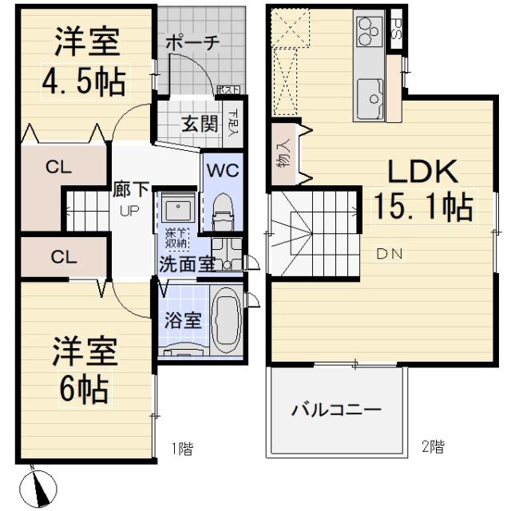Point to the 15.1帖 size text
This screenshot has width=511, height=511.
tap(422, 208)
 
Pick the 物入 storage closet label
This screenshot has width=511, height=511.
tap(284, 155)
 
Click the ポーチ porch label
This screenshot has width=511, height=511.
tap(192, 45)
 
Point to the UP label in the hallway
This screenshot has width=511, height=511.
tap(129, 212)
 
